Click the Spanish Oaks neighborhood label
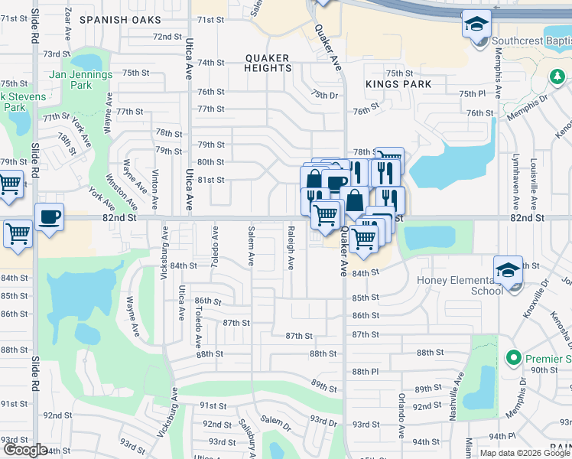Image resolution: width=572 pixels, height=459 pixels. click(x=120, y=19)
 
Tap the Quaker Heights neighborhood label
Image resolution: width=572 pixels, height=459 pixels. click(x=268, y=63)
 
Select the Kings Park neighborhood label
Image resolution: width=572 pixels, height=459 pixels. click(x=398, y=84)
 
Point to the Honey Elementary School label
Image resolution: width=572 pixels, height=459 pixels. click(x=460, y=285)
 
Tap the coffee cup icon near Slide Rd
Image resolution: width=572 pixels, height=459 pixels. click(x=50, y=217)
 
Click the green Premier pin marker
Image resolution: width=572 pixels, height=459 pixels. click(x=513, y=358)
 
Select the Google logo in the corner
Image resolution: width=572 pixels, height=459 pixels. click(x=24, y=450)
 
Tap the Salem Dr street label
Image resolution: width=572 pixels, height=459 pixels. click(x=276, y=420)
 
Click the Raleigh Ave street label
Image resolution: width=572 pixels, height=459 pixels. click(x=291, y=247)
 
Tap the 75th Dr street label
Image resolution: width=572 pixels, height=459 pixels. click(x=324, y=94)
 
